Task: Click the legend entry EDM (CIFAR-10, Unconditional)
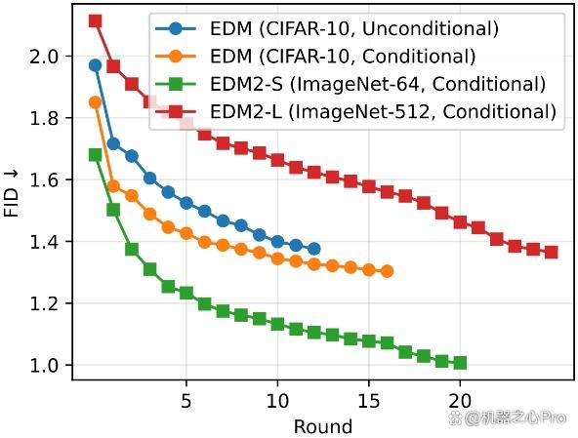[x=353, y=28]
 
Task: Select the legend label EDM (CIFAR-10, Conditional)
[x=343, y=57]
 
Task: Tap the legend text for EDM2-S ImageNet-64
[x=378, y=84]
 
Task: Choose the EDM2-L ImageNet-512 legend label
[x=383, y=111]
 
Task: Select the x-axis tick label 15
[x=369, y=400]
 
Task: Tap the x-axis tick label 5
[x=186, y=400]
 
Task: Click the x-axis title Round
[x=323, y=426]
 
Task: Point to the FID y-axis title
[x=11, y=194]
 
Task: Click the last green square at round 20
[x=460, y=363]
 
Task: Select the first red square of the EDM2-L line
[x=95, y=21]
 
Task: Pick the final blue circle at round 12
[x=314, y=249]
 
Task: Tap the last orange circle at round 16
[x=387, y=271]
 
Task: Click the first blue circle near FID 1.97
[x=95, y=65]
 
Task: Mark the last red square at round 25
[x=551, y=253]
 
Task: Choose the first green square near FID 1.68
[x=95, y=155]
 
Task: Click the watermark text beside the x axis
[x=508, y=418]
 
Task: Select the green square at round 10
[x=277, y=324]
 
